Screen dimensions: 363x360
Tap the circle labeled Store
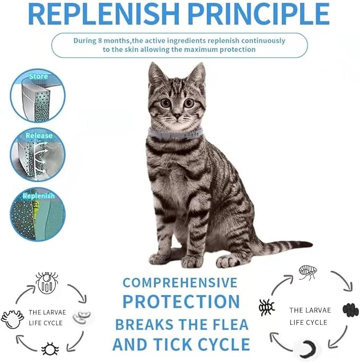pos(38,96)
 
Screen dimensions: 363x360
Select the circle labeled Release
pos(38,154)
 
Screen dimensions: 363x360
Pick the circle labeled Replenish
pos(38,214)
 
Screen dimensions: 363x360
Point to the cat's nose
pos(177,114)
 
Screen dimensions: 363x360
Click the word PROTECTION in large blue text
pos(181,301)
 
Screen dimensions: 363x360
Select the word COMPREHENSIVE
pos(181,282)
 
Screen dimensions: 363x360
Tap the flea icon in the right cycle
pos(308,272)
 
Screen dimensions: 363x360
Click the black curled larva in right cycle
pos(308,348)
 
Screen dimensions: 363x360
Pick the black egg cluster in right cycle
pos(350,309)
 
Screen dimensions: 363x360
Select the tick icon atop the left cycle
pos(46,282)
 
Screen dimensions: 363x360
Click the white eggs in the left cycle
pos(83,317)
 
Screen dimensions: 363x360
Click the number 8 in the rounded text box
pos(102,41)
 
